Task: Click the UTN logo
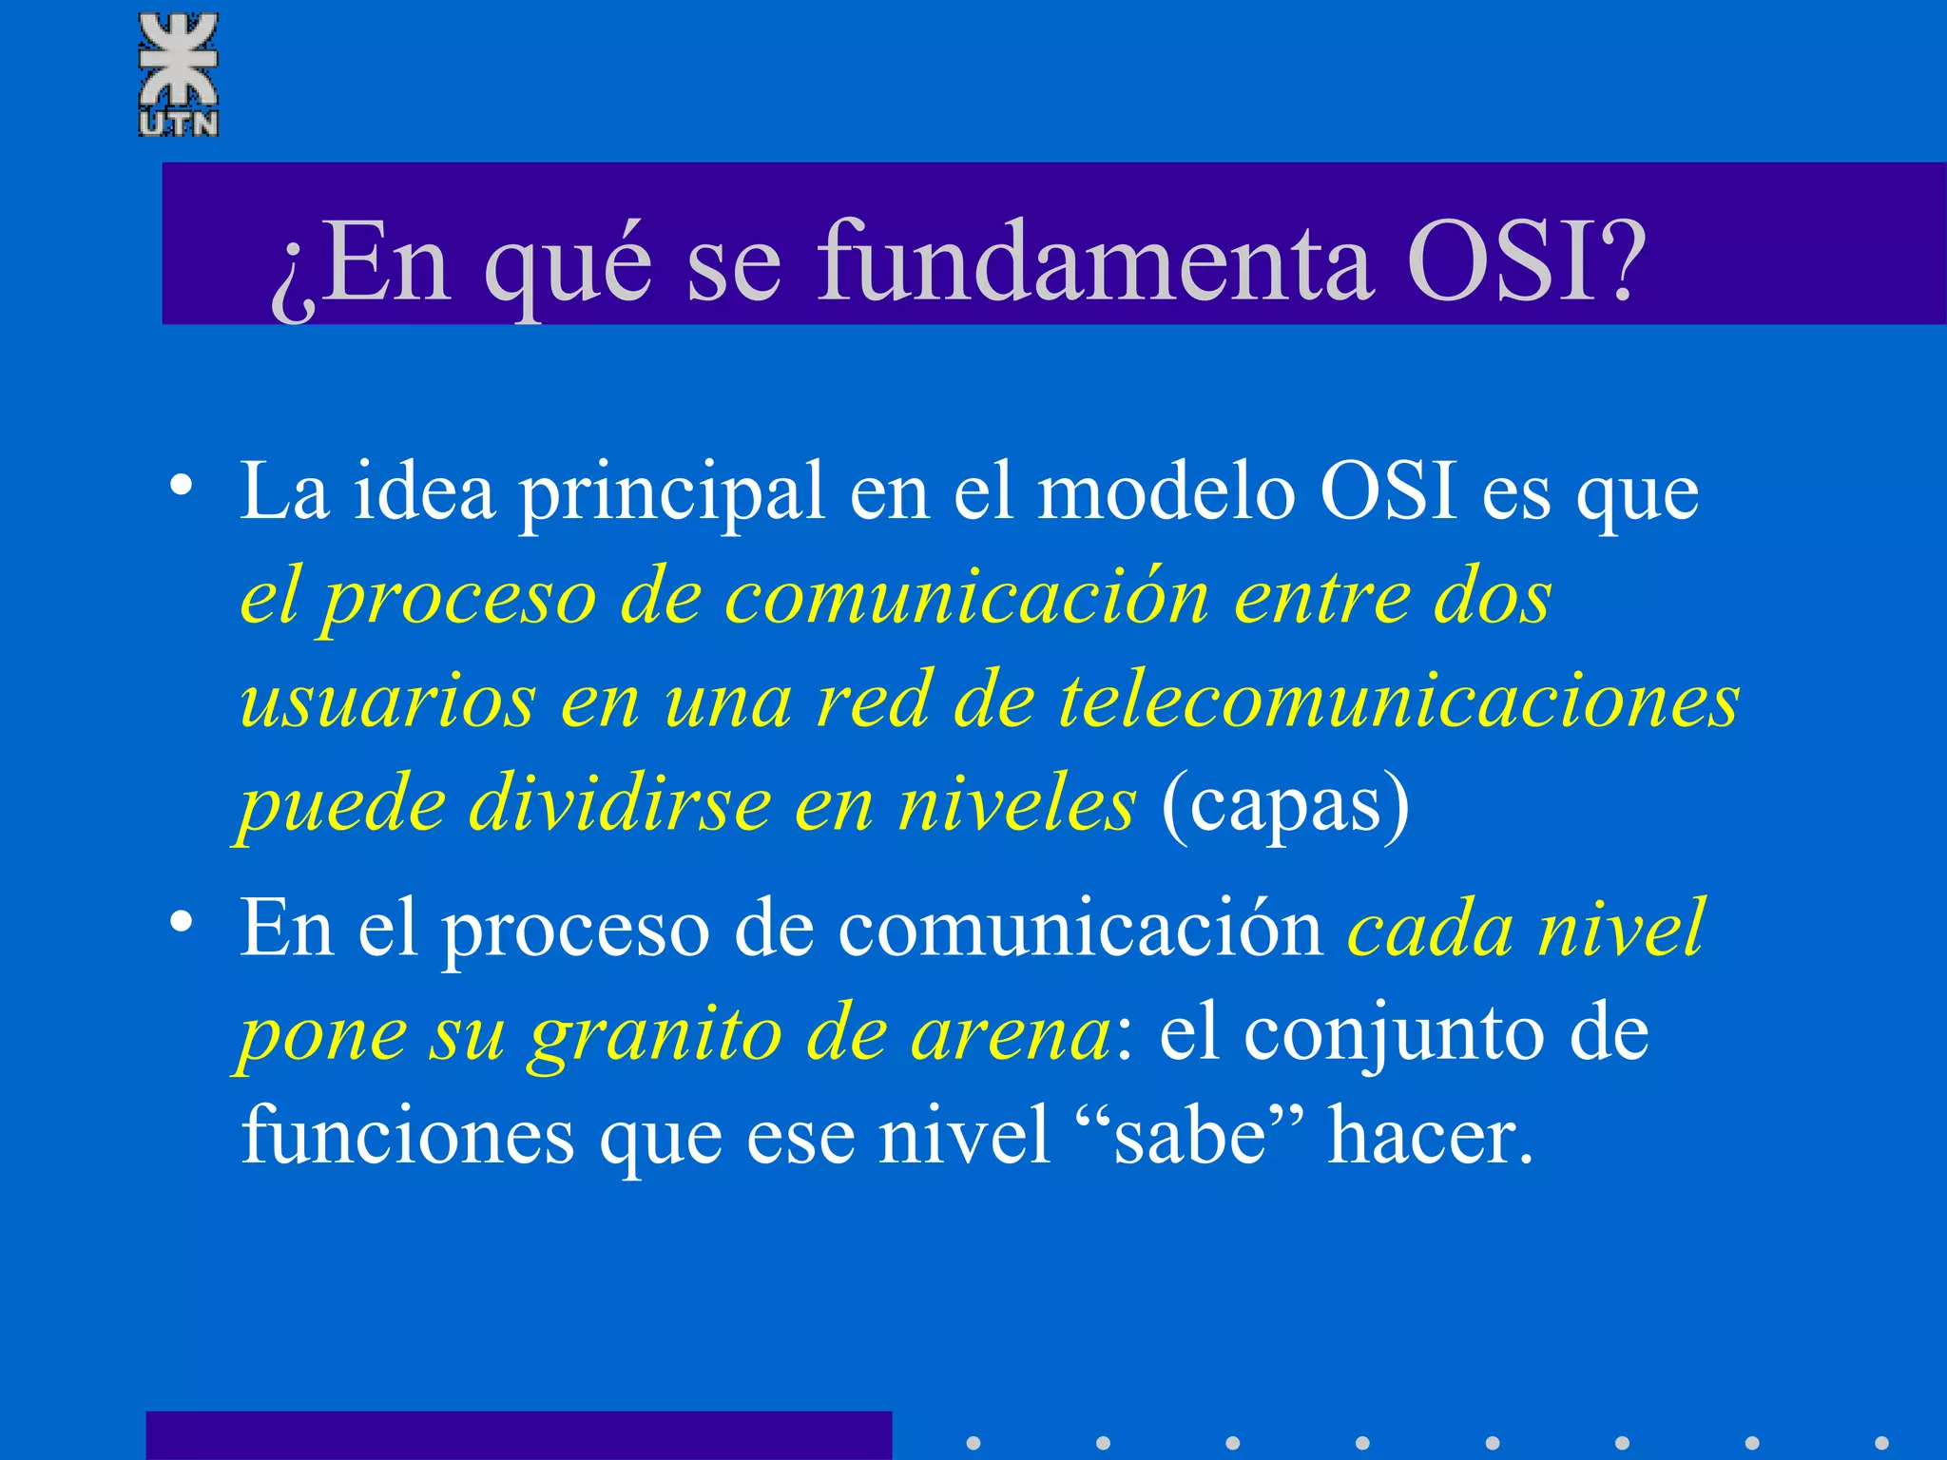click(179, 74)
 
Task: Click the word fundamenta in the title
click(1094, 261)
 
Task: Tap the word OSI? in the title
click(1525, 261)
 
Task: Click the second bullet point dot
click(182, 922)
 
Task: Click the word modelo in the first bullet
click(1166, 492)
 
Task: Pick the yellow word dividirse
click(620, 804)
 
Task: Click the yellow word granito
click(656, 1034)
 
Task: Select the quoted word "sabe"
click(1191, 1136)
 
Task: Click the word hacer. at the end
click(1431, 1136)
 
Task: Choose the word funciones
click(408, 1136)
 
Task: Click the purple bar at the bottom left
click(518, 1435)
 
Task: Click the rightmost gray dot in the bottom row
click(1881, 1443)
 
